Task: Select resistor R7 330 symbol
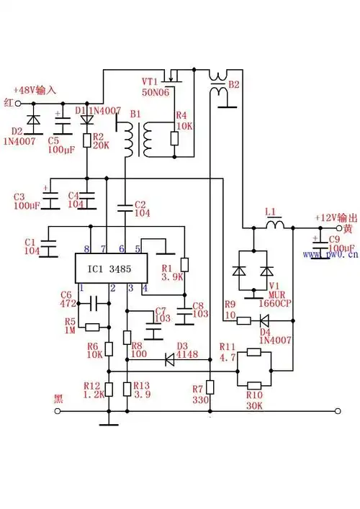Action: [209, 386]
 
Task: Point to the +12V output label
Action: [336, 217]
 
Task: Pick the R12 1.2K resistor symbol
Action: [109, 389]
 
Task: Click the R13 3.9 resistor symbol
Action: [127, 389]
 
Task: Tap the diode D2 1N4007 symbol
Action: [32, 120]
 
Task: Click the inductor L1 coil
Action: [275, 225]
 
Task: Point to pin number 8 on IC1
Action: [87, 248]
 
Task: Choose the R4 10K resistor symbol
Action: [174, 139]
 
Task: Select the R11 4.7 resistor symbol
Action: [253, 352]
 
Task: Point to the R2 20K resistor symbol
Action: [86, 139]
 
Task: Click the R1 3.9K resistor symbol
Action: [184, 265]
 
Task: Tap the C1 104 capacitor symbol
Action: [49, 246]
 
